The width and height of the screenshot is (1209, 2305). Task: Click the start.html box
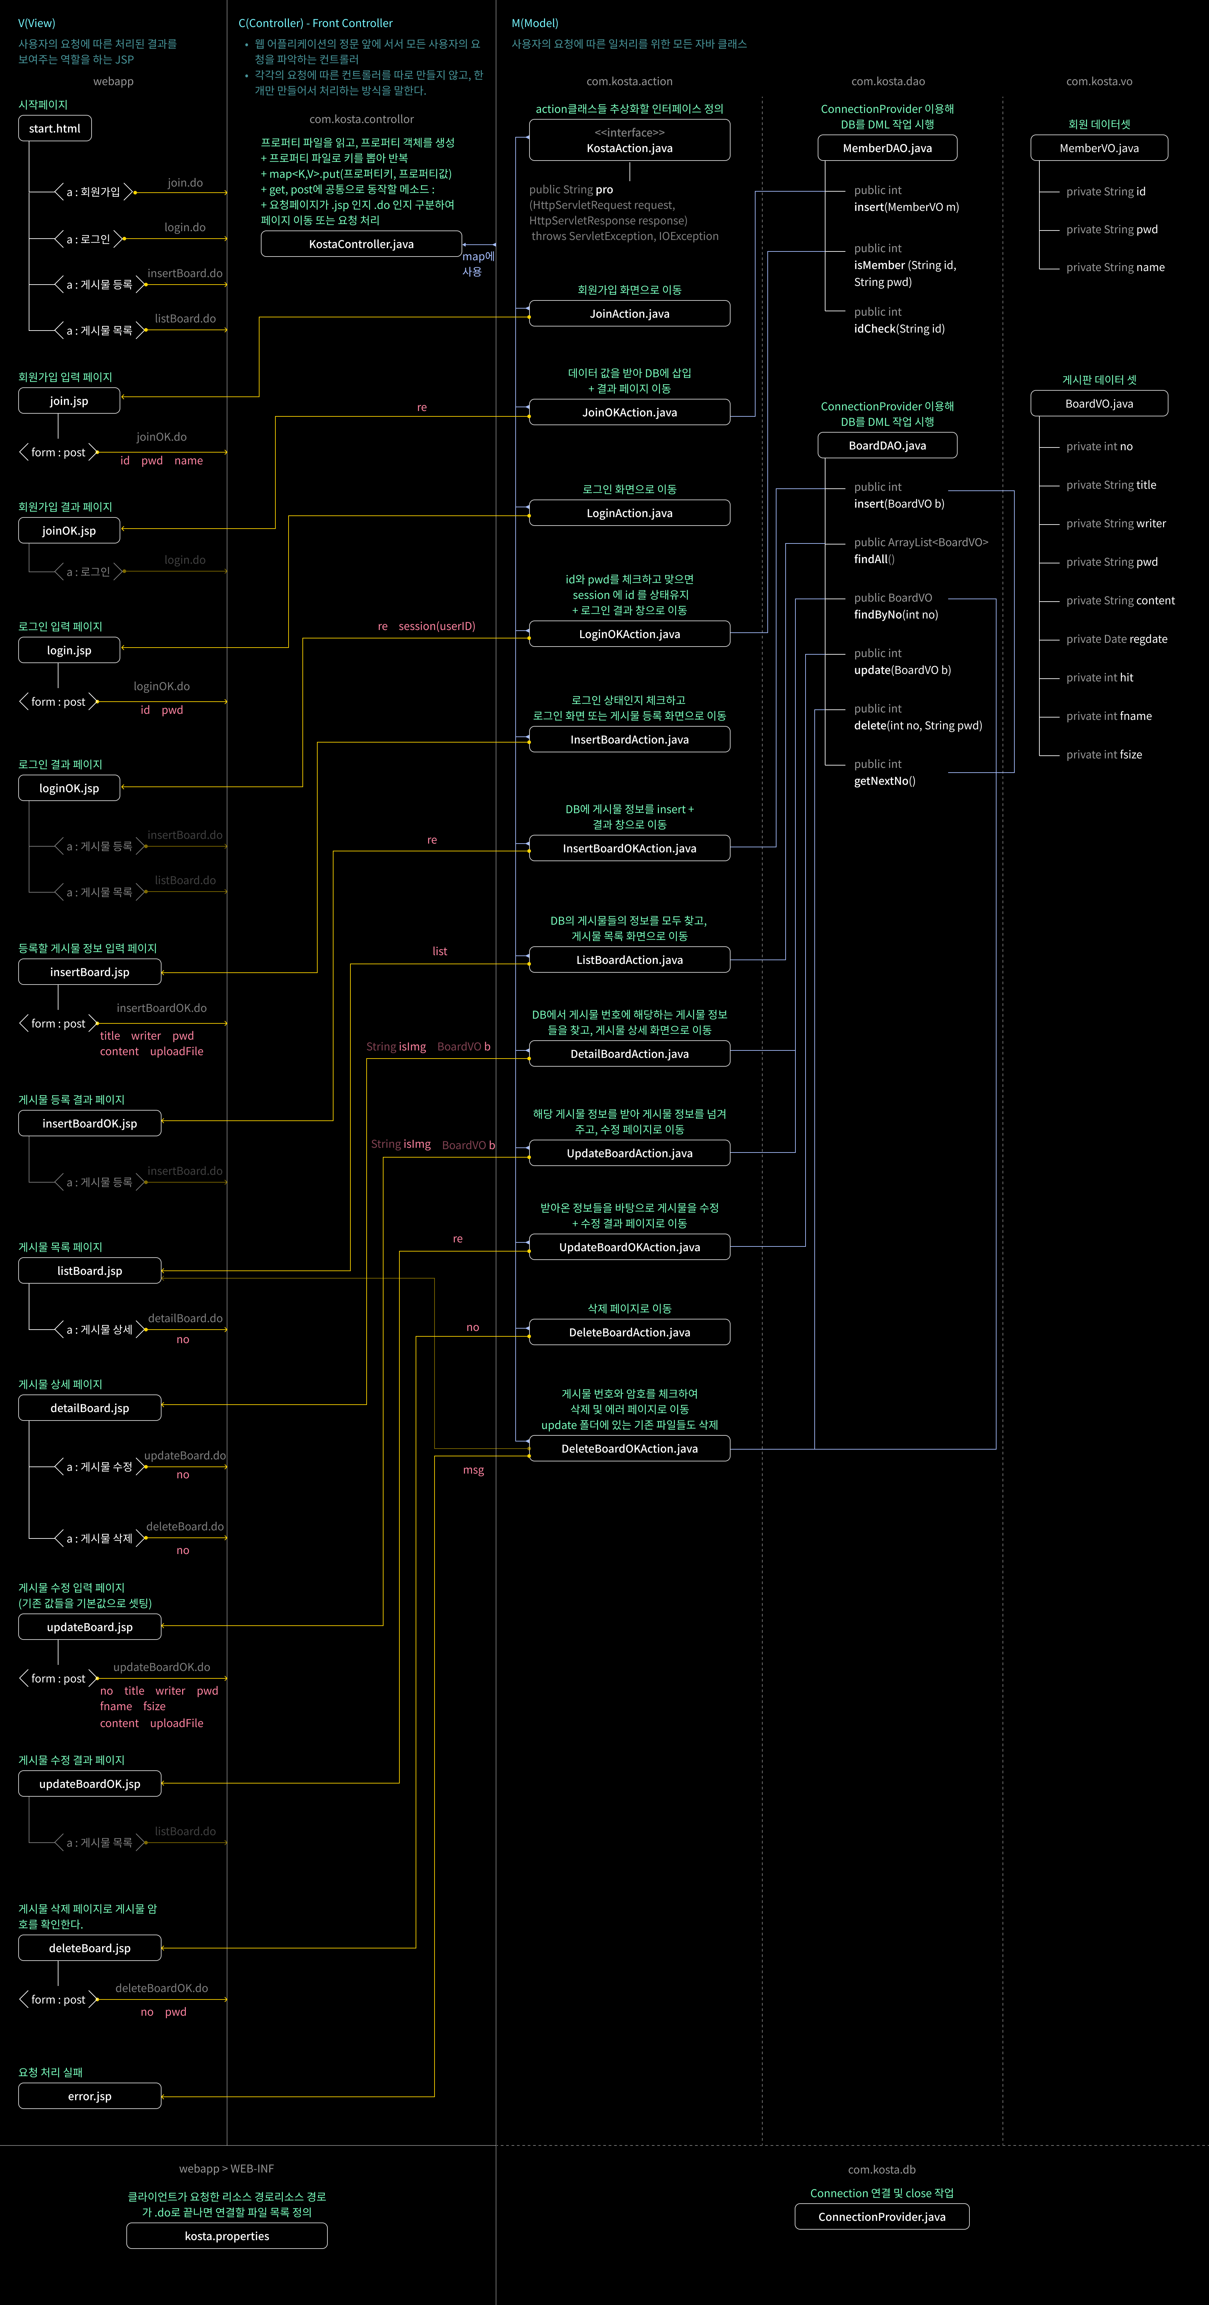55,129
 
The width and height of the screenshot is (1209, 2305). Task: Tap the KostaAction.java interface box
629,141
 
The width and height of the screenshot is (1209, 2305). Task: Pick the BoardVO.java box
1099,404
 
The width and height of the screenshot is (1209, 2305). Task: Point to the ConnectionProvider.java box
882,2216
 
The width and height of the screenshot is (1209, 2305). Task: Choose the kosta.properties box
226,2236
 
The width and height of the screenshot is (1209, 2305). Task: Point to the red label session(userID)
437,626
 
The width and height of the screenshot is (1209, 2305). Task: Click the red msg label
473,1470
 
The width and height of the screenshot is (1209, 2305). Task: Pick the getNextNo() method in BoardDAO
884,781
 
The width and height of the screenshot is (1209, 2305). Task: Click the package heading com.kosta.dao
888,81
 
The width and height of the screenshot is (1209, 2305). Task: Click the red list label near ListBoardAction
439,951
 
